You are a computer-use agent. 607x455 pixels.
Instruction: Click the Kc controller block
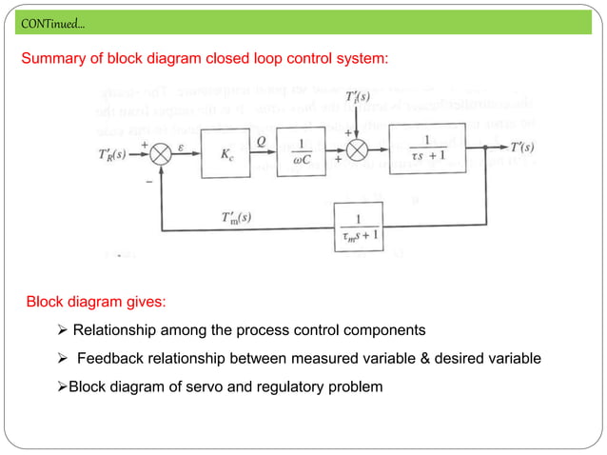click(228, 151)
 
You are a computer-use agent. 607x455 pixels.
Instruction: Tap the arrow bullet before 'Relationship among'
click(63, 331)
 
